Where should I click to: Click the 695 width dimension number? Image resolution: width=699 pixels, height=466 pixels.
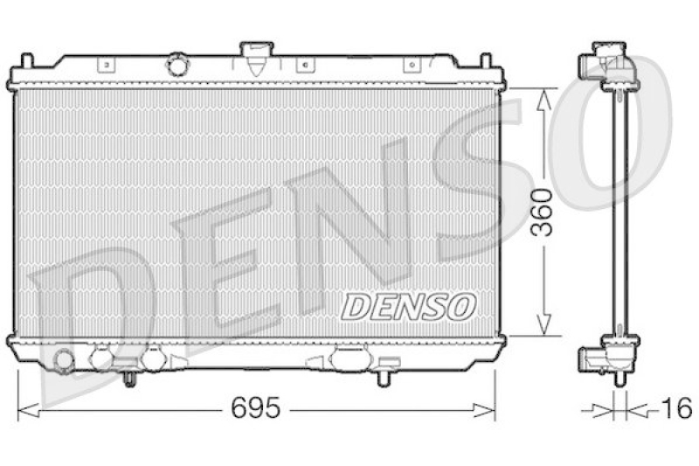click(x=258, y=408)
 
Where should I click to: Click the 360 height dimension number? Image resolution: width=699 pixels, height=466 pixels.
click(x=543, y=213)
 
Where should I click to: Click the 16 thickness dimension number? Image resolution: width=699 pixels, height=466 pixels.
click(x=675, y=408)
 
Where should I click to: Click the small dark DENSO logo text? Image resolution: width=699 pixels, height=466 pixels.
click(x=408, y=306)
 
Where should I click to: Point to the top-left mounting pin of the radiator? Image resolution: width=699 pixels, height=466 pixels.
click(x=26, y=61)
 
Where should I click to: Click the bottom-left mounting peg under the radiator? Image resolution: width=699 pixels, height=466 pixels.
click(x=129, y=378)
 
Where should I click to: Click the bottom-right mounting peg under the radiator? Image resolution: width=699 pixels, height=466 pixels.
click(x=384, y=378)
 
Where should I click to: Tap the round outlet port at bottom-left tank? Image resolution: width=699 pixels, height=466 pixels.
click(x=63, y=359)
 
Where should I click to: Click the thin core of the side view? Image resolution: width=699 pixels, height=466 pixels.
click(x=619, y=210)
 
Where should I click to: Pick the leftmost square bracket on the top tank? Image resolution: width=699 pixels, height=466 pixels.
click(x=105, y=64)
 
